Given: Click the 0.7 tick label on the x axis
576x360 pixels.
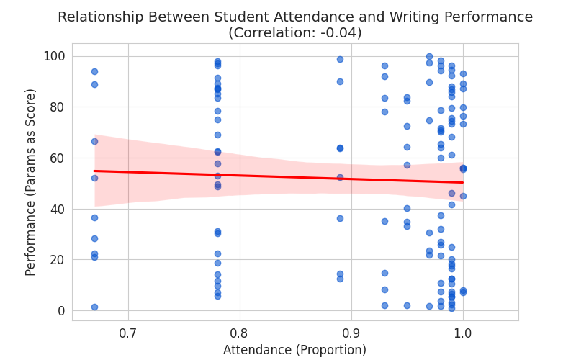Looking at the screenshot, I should (x=128, y=333).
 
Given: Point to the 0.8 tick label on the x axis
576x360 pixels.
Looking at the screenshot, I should (x=240, y=333).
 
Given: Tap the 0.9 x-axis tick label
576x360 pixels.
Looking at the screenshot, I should (x=351, y=333).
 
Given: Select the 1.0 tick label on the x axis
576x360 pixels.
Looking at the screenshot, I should (x=463, y=333).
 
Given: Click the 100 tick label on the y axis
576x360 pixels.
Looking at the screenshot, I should (x=55, y=56).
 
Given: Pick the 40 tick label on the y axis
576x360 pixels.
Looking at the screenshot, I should (x=58, y=209).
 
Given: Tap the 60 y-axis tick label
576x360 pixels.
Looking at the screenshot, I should (x=58, y=158).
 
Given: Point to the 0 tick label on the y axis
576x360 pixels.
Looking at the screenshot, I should (x=61, y=310).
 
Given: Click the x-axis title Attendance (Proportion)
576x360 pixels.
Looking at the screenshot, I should (x=294, y=350).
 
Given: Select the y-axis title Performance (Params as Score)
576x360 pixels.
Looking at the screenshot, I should (x=31, y=182).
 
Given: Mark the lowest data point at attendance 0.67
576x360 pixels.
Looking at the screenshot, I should (x=94, y=307).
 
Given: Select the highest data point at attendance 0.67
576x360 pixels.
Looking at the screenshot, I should (x=94, y=71).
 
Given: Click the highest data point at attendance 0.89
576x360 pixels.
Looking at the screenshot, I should (x=340, y=59).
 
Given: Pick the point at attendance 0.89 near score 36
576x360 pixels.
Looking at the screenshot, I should (x=340, y=218).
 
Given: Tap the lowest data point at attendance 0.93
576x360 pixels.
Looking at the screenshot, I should (x=384, y=305).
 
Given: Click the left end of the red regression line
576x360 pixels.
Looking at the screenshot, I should (x=94, y=171).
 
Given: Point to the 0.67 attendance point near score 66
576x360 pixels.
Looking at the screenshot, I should (x=94, y=141).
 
